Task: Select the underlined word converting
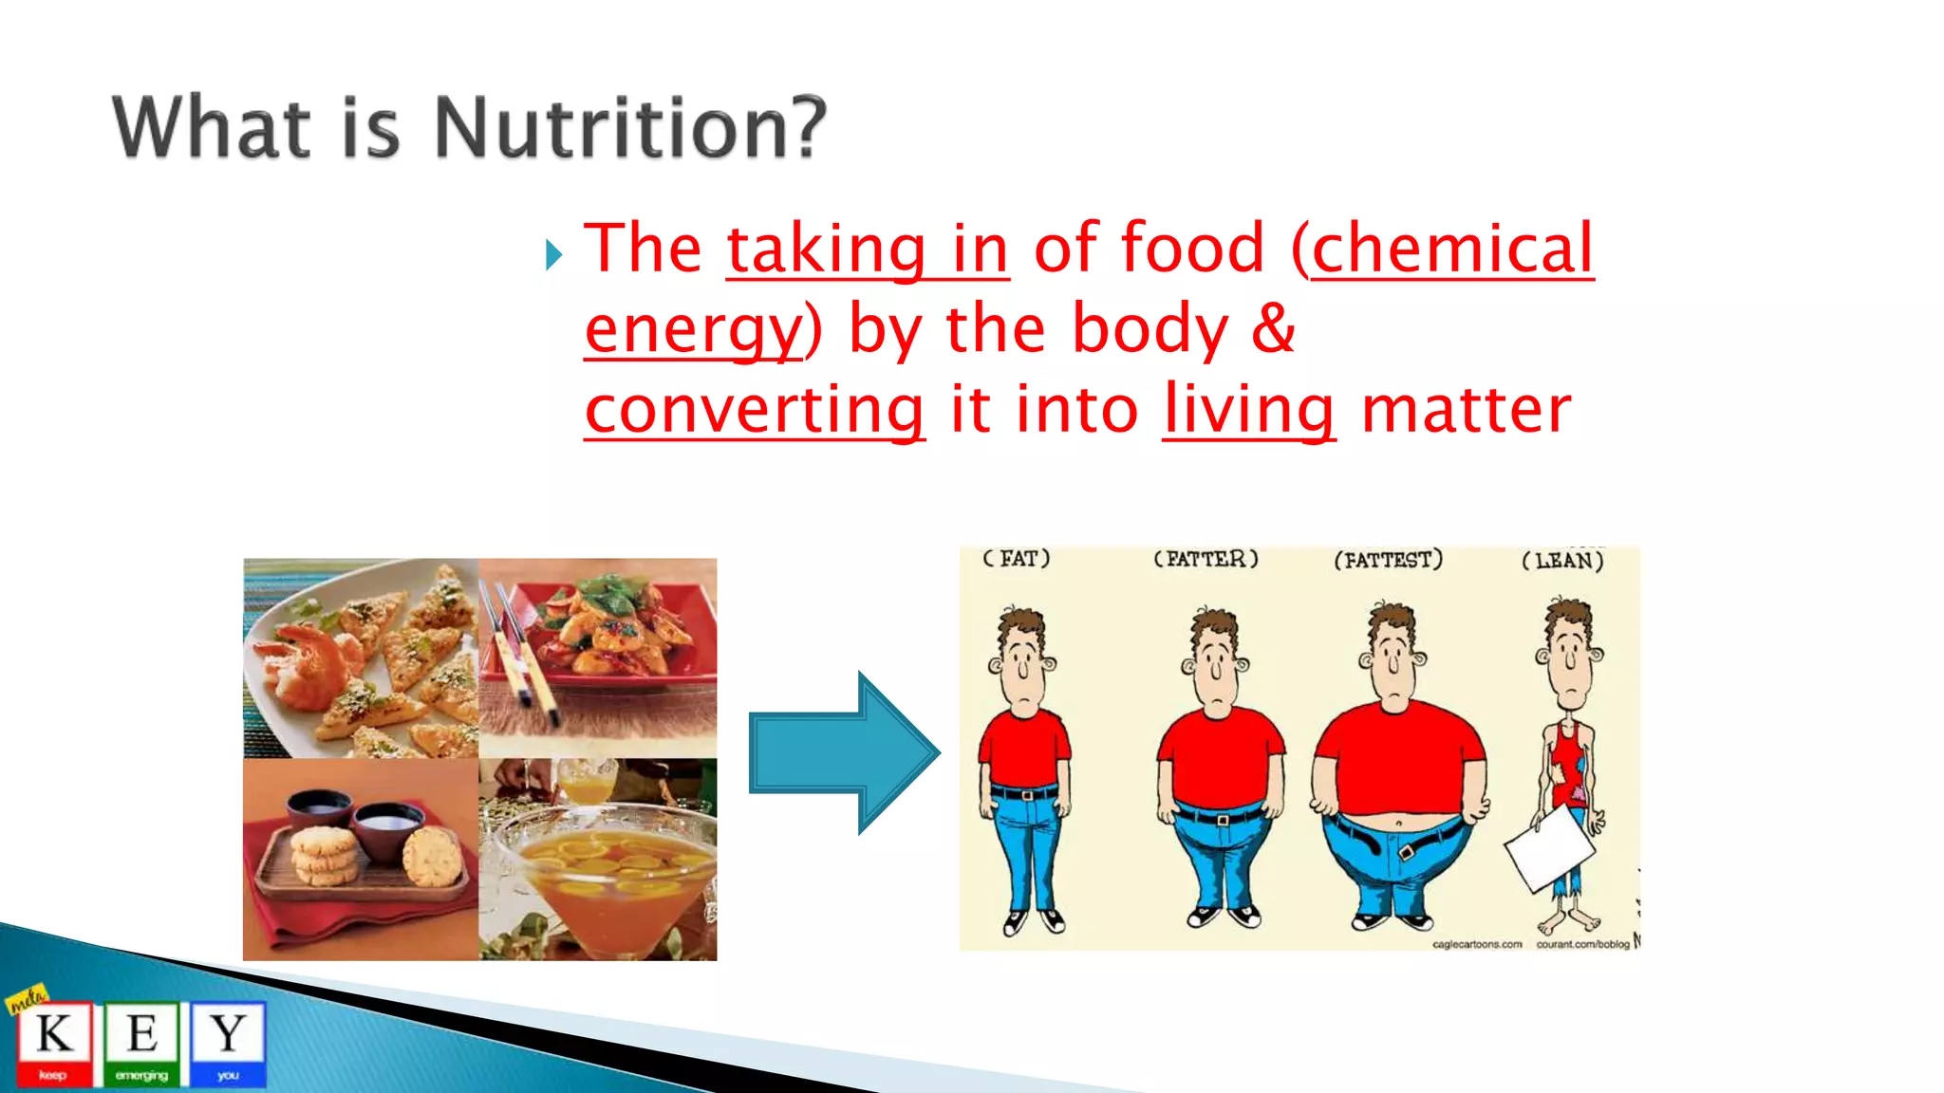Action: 755,410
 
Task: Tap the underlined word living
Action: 1248,410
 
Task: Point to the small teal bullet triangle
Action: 554,254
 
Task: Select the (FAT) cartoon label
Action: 1017,559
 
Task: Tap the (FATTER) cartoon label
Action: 1206,559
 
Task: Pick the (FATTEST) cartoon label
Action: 1388,560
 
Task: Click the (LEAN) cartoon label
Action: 1562,561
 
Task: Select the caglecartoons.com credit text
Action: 1476,944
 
